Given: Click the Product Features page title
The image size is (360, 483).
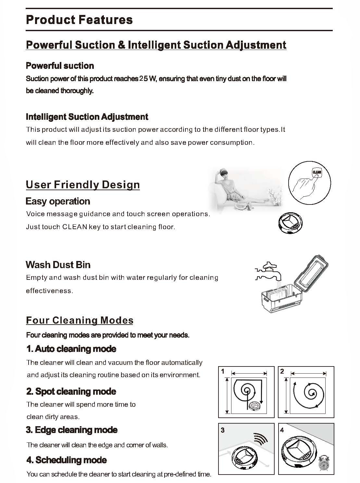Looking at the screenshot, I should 79,20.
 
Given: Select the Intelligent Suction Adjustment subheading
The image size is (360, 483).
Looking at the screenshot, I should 87,117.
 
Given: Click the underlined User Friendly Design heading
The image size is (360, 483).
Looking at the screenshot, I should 83,185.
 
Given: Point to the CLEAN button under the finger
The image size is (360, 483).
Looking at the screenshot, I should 317,172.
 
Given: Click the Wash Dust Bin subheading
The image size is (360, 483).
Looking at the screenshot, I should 58,265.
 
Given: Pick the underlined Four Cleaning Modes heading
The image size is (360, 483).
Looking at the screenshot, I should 80,320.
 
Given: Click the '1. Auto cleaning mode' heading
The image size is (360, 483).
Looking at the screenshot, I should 71,349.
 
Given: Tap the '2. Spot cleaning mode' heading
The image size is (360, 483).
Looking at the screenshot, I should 71,391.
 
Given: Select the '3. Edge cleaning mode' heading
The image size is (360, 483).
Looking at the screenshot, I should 72,430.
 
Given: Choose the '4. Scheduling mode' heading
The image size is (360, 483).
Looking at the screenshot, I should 67,460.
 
